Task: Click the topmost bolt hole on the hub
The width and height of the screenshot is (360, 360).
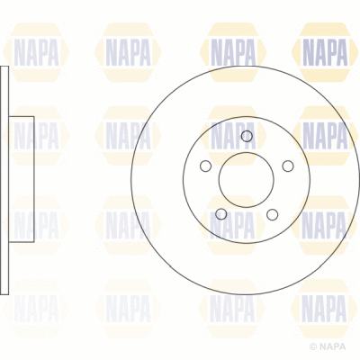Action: [x=247, y=137]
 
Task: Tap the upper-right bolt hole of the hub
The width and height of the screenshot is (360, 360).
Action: [x=287, y=166]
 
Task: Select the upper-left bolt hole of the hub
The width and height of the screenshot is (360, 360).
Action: [x=205, y=166]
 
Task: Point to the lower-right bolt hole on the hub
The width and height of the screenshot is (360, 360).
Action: [x=272, y=213]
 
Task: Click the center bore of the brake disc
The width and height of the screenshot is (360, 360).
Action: [x=246, y=180]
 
